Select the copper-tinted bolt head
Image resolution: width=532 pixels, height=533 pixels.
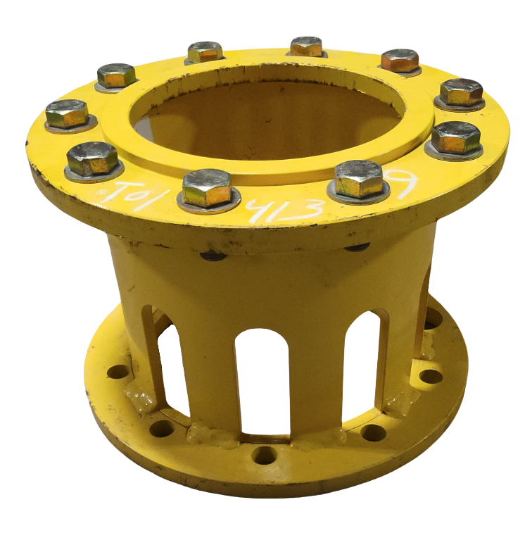400,61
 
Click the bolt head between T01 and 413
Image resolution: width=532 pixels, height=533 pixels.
207,188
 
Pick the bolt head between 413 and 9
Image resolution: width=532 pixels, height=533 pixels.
359,179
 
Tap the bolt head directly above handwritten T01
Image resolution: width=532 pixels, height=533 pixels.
92,158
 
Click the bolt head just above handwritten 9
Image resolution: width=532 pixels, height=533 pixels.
456,138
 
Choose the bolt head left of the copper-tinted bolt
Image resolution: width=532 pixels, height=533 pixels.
306,46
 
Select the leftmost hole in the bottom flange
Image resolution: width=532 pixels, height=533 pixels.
118,371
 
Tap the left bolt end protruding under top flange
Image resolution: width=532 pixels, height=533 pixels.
212,255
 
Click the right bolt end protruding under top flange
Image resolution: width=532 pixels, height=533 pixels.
357,247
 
